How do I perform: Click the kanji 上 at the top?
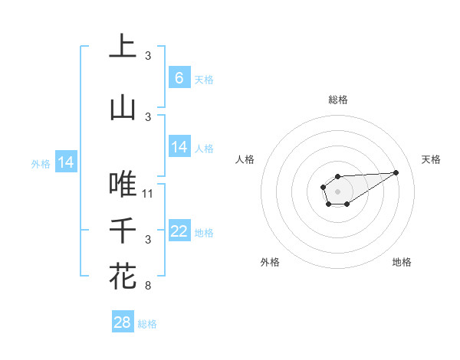tap(123, 47)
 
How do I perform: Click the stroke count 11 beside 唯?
tap(148, 193)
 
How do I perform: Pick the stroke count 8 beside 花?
tap(148, 286)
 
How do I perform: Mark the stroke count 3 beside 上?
tap(148, 55)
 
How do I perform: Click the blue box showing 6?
tap(179, 78)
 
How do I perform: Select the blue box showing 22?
tap(179, 231)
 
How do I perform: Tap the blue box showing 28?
tap(122, 322)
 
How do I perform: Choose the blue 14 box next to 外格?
tap(65, 162)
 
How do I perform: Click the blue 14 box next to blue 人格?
tap(179, 147)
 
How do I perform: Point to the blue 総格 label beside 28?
tap(147, 324)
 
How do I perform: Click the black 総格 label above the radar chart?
tap(337, 100)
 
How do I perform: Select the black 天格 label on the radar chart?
tap(431, 159)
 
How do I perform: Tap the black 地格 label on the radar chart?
tap(402, 262)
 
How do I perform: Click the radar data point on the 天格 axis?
tap(396, 172)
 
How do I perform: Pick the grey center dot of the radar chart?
tap(337, 190)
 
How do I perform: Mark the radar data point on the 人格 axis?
tap(324, 186)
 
